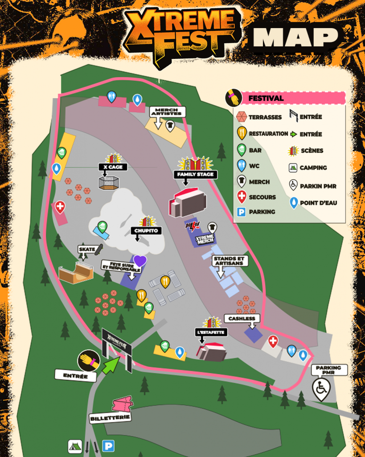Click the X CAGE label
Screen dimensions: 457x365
tap(113, 167)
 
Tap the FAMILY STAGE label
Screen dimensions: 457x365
tap(195, 174)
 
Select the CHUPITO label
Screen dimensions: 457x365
tap(145, 231)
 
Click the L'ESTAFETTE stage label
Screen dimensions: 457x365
tap(211, 332)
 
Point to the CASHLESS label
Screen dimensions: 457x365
tap(242, 319)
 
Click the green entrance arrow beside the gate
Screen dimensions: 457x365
tap(111, 365)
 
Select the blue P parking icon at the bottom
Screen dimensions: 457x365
tap(108, 445)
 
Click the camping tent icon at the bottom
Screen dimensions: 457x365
tap(75, 446)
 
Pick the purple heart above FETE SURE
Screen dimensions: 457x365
tap(140, 261)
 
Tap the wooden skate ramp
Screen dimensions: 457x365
tap(76, 273)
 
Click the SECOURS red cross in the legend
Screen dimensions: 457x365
tap(241, 197)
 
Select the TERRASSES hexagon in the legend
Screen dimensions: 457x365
tap(241, 117)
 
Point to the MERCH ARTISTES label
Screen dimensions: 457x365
tap(168, 112)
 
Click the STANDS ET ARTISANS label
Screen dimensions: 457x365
tap(230, 261)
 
